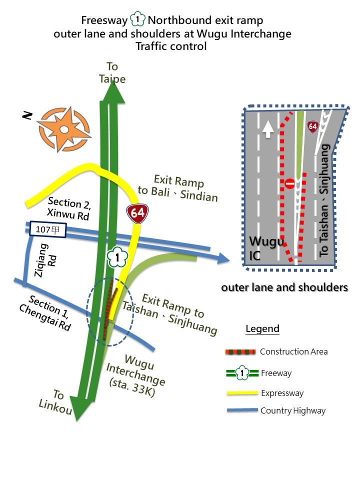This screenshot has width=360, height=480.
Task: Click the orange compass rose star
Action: (64, 129)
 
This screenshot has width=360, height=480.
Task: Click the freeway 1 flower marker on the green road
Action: (116, 257)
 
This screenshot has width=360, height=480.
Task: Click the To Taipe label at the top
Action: (112, 72)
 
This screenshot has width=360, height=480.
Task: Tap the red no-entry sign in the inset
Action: (289, 184)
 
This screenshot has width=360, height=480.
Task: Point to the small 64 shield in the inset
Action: (313, 126)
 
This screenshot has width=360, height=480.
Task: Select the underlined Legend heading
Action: (262, 329)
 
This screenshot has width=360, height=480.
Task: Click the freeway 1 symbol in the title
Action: (137, 20)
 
